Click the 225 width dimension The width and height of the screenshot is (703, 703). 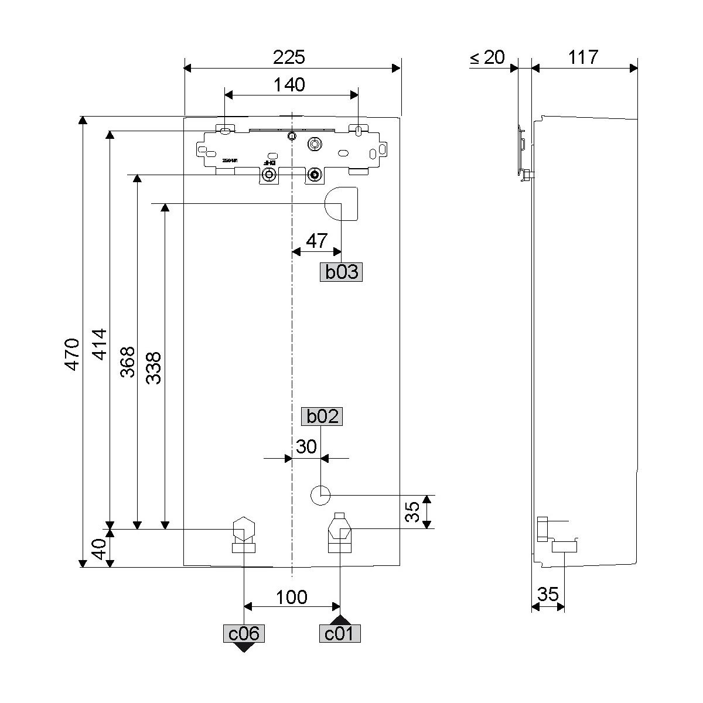click(x=289, y=57)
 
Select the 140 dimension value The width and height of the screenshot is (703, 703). click(x=289, y=85)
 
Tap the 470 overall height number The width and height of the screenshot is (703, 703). click(x=71, y=354)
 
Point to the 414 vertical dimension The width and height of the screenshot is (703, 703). click(x=100, y=344)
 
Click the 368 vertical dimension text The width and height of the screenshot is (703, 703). click(x=128, y=362)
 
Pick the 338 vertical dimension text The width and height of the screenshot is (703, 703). click(x=154, y=368)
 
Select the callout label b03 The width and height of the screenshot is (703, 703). click(x=341, y=272)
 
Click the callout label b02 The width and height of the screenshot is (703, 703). click(x=322, y=417)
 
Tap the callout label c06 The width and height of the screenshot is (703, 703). click(x=243, y=633)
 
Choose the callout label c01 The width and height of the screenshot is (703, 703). click(x=340, y=633)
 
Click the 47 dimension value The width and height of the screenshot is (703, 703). click(x=317, y=240)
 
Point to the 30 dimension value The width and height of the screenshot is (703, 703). click(x=306, y=446)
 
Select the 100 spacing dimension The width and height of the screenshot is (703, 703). click(x=292, y=597)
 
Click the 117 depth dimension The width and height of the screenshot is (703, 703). click(x=583, y=57)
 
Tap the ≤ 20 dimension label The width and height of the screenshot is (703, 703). click(x=487, y=57)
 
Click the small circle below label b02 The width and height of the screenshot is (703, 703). click(x=320, y=495)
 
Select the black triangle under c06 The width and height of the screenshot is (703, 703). click(x=243, y=647)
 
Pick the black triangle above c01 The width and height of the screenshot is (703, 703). click(x=340, y=620)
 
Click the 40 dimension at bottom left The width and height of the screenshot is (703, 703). click(x=100, y=549)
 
